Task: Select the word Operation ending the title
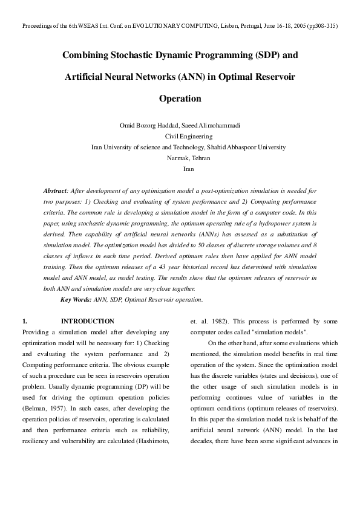point(180,98)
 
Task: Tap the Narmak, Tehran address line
point(180,158)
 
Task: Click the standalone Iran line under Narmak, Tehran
point(180,169)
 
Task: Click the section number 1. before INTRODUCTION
point(25,321)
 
